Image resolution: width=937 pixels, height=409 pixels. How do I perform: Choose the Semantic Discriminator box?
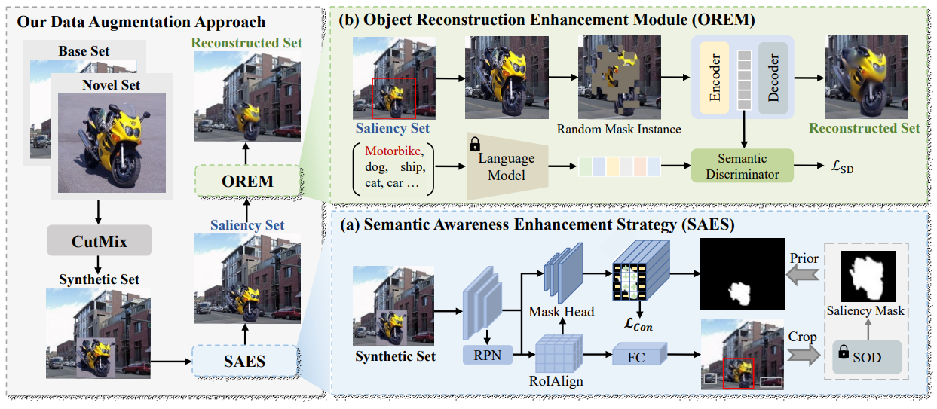(743, 165)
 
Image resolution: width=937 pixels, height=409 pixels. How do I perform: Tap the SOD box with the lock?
(865, 356)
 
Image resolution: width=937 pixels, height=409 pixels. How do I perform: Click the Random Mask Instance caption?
(618, 129)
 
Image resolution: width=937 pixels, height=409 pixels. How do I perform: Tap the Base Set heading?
(84, 51)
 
